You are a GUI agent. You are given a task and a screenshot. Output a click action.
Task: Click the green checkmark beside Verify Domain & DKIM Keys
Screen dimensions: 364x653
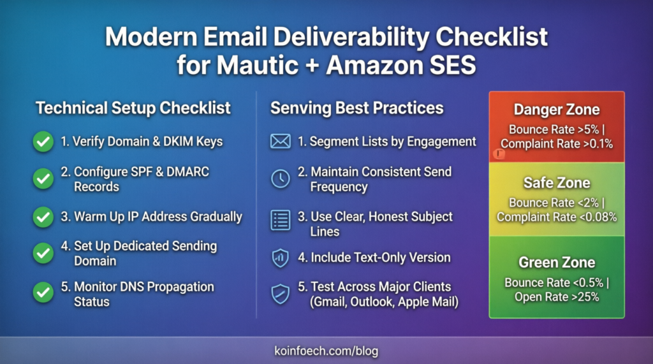click(x=43, y=142)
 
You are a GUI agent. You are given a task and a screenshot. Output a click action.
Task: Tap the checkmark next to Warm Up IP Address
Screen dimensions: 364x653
click(x=43, y=217)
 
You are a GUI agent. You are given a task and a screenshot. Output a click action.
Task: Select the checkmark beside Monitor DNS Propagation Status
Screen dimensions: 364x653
click(x=43, y=293)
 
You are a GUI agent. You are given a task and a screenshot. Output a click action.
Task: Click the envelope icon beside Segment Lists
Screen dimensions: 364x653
click(x=281, y=142)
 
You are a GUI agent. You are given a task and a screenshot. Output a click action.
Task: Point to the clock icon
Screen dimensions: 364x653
click(x=281, y=179)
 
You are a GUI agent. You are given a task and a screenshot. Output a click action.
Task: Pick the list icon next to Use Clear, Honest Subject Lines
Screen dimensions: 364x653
click(x=281, y=220)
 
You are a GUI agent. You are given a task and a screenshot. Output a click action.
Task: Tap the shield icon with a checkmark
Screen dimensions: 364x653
click(x=281, y=294)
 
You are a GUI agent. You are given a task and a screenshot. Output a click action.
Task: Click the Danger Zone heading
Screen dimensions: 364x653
click(x=556, y=110)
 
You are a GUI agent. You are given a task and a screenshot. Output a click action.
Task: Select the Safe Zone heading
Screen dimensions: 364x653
click(x=556, y=183)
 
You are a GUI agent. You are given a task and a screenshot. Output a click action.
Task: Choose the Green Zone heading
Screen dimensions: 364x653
click(x=556, y=262)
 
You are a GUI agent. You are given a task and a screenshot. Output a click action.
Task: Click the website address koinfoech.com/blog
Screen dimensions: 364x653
click(x=326, y=351)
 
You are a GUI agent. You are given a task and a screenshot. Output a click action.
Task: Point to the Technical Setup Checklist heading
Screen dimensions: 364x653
click(x=133, y=108)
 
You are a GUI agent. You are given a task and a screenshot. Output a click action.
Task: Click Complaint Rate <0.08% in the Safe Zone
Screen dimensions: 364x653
click(x=557, y=217)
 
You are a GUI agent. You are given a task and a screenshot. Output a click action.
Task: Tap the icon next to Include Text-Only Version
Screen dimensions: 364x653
click(x=281, y=258)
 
